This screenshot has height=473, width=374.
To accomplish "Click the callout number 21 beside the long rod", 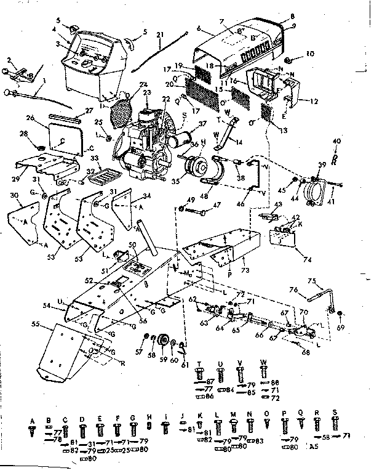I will click(160, 34).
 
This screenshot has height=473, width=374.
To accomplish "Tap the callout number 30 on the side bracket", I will click(14, 195).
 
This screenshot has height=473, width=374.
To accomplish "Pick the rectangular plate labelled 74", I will click(285, 238).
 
